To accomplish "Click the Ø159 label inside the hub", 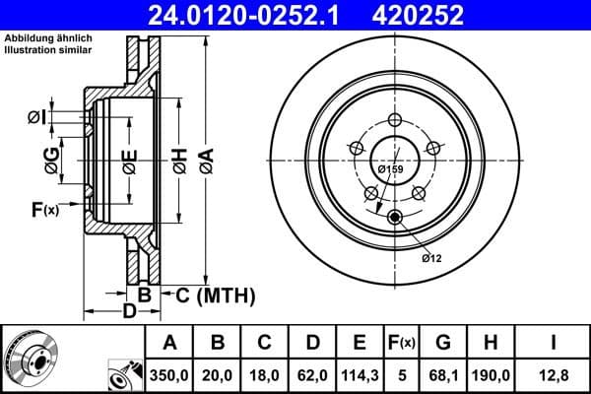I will (x=391, y=168).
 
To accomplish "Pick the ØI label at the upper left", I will (x=35, y=118).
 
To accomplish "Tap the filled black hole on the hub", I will (x=394, y=218).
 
